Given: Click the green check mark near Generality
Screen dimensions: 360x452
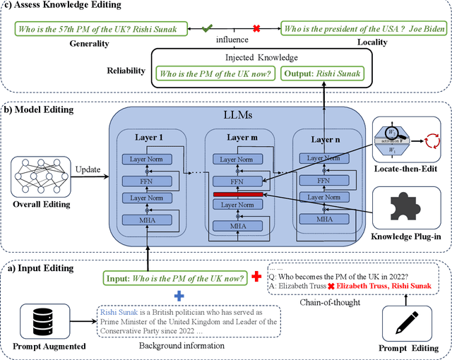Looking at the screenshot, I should [206, 29].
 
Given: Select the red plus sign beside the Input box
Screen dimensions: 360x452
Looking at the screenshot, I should [257, 276].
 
